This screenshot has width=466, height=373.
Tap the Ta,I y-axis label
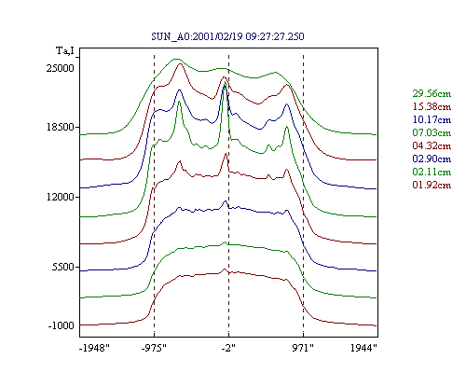[x=65, y=50]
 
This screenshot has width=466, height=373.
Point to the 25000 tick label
[x=61, y=68]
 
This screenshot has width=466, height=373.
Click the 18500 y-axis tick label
[x=61, y=127]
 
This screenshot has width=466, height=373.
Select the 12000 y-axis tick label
[x=61, y=197]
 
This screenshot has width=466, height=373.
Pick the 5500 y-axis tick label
[x=63, y=267]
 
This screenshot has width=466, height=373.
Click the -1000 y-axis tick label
[x=62, y=325]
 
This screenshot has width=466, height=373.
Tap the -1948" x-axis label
[x=95, y=348]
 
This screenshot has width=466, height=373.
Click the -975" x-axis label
[x=154, y=348]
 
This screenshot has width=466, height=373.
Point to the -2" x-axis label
[x=228, y=348]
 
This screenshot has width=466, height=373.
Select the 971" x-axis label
[x=303, y=348]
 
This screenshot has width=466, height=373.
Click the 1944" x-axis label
[x=363, y=348]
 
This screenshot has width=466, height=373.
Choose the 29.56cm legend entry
[x=432, y=93]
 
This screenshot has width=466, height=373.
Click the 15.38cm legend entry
[x=432, y=106]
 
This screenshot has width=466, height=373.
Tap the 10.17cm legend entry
[x=432, y=119]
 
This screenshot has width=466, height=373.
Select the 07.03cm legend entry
[x=432, y=132]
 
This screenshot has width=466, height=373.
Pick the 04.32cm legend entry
[x=432, y=145]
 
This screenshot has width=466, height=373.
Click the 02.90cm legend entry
[x=432, y=159]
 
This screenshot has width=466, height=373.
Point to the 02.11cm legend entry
[x=432, y=172]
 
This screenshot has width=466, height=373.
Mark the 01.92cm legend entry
[x=432, y=185]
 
